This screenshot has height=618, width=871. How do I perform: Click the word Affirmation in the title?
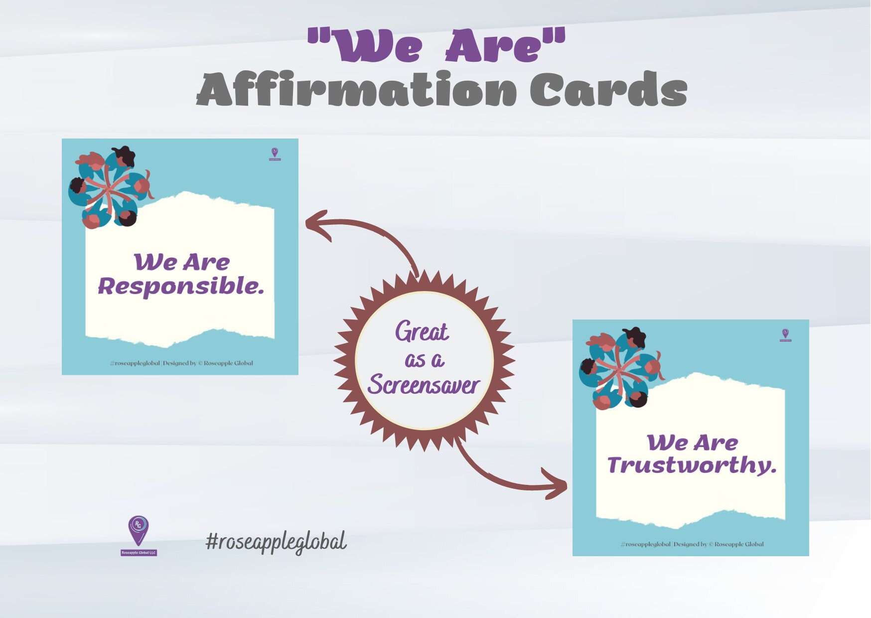(357, 90)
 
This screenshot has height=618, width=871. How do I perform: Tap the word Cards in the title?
(608, 90)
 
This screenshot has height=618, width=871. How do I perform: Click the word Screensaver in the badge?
(424, 385)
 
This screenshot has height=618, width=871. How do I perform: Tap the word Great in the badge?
(422, 332)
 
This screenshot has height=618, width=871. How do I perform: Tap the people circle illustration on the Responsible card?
(111, 187)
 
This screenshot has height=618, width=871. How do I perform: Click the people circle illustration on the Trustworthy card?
(621, 368)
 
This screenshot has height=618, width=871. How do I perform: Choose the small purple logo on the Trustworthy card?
(785, 335)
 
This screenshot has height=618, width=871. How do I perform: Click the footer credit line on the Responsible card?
(181, 363)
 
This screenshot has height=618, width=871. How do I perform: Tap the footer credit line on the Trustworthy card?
(692, 544)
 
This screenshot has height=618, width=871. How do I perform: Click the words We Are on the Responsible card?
(182, 262)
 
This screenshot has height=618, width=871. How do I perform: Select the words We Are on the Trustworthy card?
(693, 443)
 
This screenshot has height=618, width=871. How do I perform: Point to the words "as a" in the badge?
(425, 360)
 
